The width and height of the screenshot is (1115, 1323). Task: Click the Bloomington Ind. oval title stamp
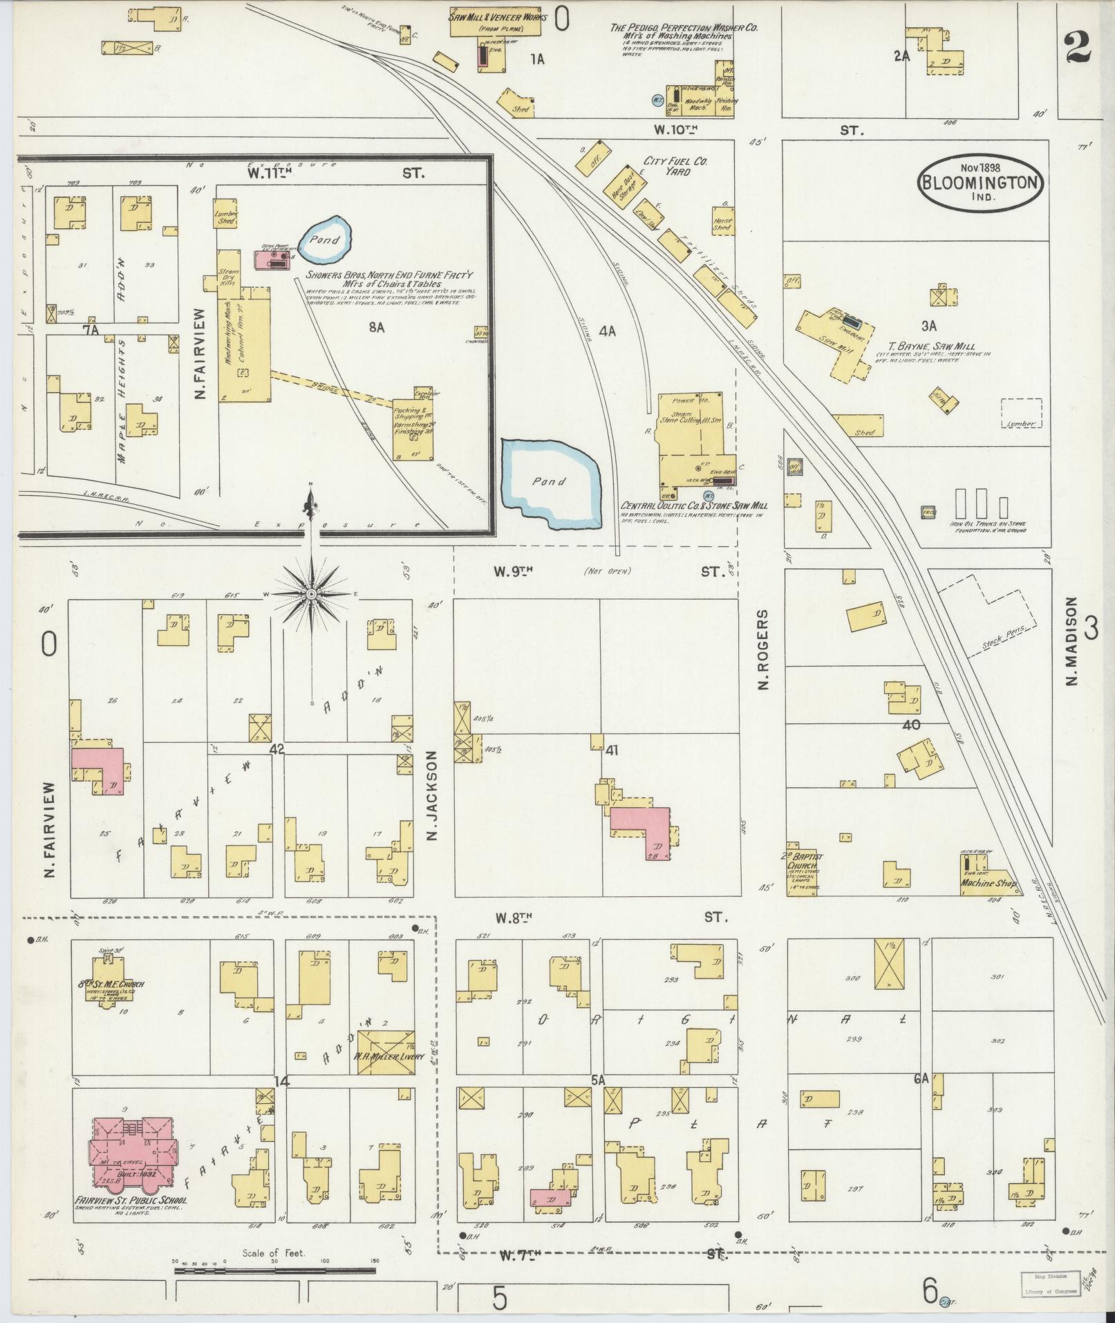981,180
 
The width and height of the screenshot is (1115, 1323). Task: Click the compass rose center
311,594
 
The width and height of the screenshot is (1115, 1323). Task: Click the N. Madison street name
1071,641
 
